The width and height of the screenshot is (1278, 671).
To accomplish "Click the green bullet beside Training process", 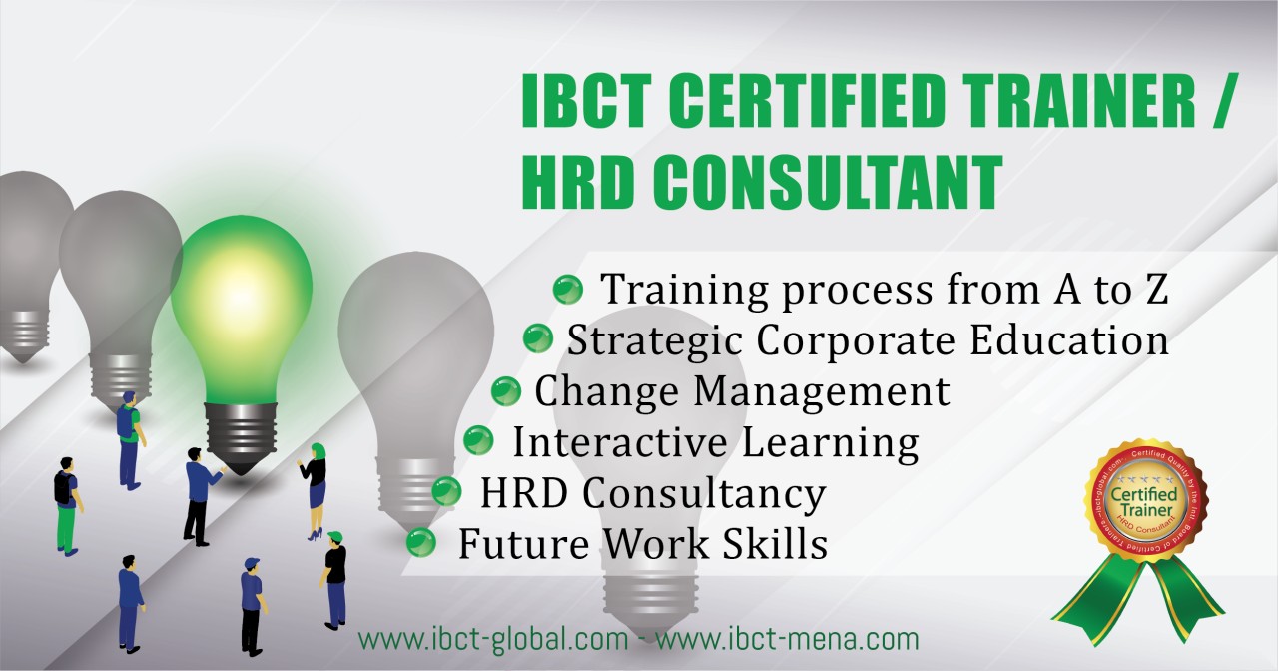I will point(567,290).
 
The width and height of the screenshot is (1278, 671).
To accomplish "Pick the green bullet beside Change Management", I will point(506,390).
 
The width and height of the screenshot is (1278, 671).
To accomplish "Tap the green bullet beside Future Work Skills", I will point(420,543).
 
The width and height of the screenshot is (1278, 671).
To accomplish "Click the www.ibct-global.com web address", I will point(493,638).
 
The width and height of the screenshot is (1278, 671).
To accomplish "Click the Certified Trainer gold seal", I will point(1144,502).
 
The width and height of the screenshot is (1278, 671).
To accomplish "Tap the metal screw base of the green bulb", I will point(241,434).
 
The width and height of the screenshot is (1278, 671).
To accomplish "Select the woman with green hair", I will point(317,489).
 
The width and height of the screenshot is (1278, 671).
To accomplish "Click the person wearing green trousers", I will point(66,504).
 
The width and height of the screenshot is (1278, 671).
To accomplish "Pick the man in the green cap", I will point(335,579).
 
